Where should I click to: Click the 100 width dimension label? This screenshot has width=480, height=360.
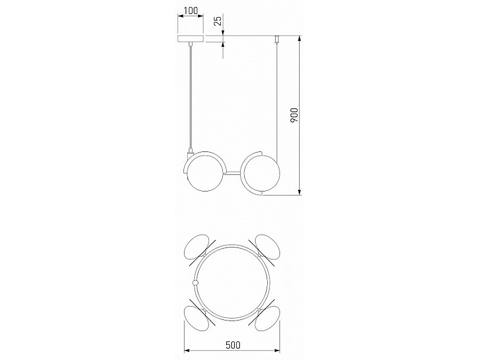pos(191,11)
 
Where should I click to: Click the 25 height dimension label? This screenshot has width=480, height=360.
pos(218,21)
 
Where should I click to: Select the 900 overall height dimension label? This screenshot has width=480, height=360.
pos(294,115)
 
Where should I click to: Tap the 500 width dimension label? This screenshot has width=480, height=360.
pos(233,345)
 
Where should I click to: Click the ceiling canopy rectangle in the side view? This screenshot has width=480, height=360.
pos(191,39)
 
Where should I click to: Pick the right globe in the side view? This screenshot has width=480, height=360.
pos(262,173)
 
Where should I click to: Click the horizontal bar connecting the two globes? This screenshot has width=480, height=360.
pos(233,173)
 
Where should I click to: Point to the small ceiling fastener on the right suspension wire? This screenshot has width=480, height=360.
pos(277,39)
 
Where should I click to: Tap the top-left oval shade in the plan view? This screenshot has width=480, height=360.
pos(196,247)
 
